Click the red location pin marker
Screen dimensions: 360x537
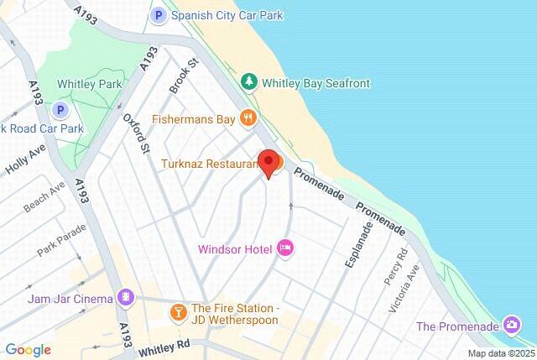268,163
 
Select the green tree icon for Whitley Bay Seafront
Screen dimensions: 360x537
248,82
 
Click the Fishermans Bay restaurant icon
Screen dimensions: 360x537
247,118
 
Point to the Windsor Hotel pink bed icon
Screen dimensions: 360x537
284,248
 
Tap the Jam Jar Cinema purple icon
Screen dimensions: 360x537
125,298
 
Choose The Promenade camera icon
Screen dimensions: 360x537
511,325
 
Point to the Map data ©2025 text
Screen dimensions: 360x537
500,353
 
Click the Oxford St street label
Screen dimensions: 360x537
136,134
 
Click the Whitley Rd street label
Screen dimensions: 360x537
165,344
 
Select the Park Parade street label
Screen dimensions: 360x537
61,239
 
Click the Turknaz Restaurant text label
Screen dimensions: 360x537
209,164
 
